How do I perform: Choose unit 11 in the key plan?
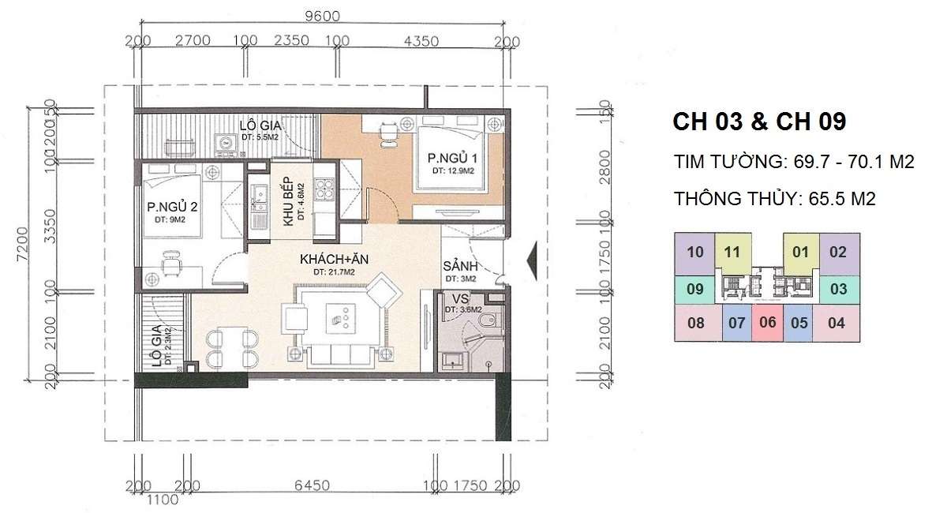[732, 253]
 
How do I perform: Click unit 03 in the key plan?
[838, 288]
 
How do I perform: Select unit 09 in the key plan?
[694, 288]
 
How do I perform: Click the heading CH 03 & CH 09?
[759, 122]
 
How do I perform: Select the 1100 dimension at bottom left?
[162, 499]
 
